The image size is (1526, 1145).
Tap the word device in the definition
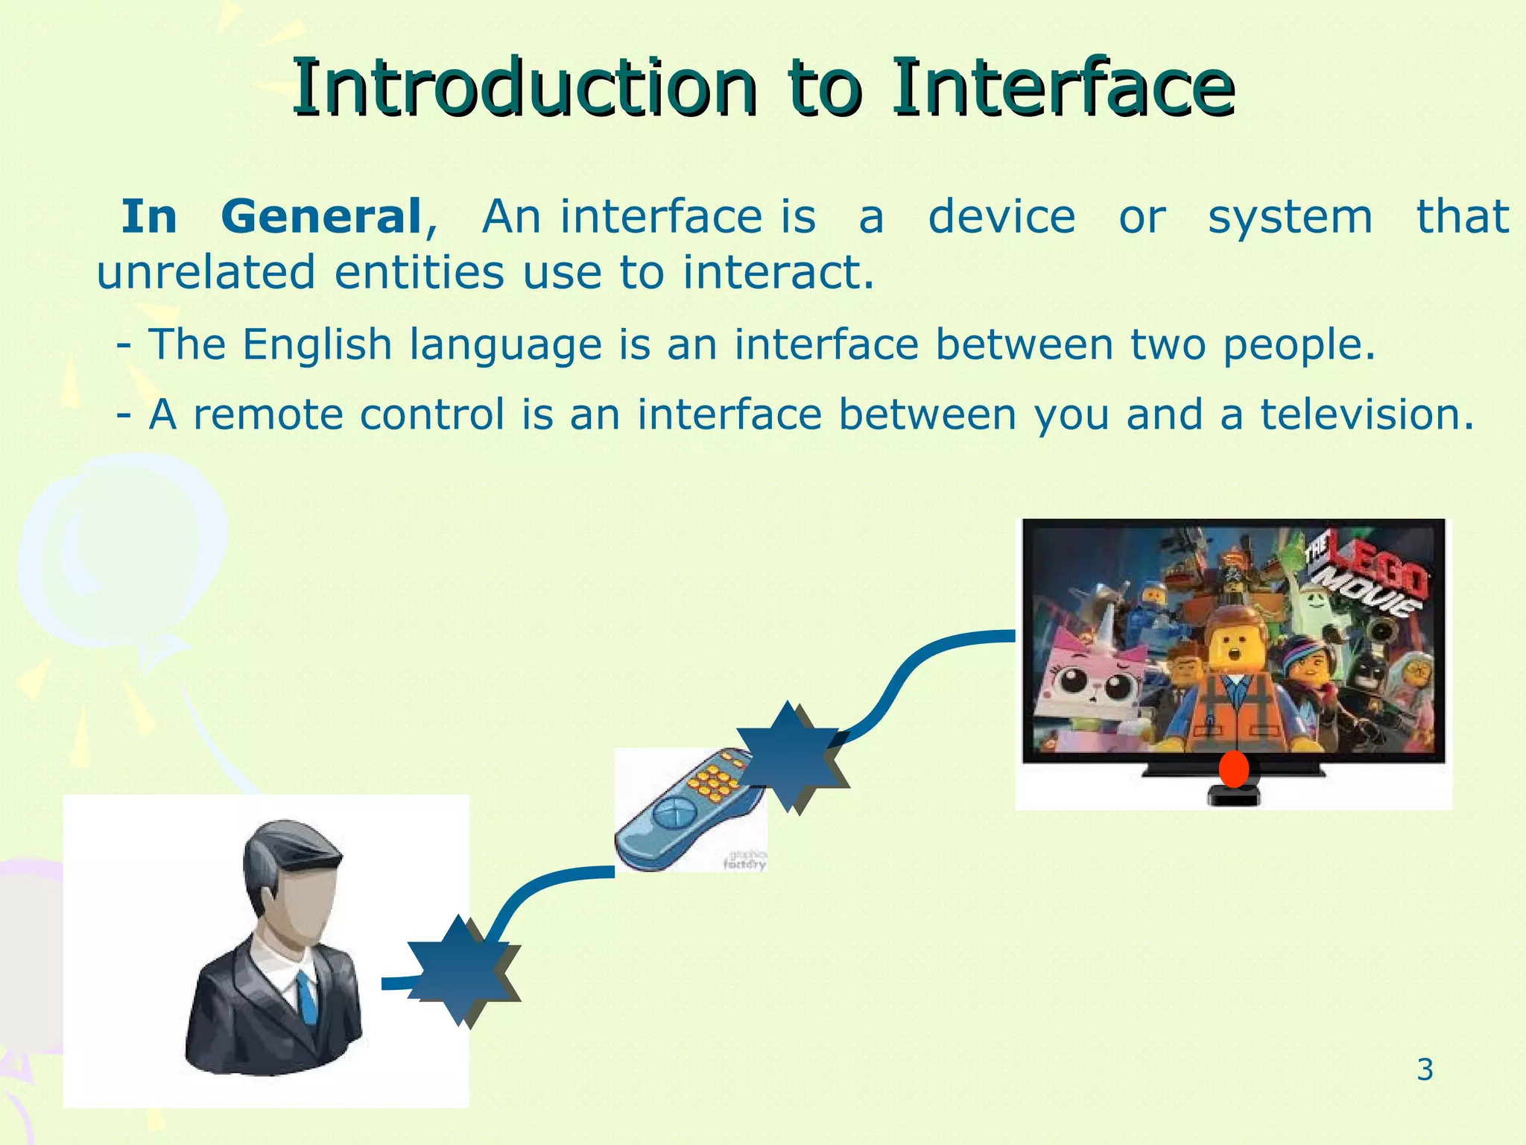point(1001,217)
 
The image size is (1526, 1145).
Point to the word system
point(1290,217)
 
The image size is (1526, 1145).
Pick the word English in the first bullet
point(317,345)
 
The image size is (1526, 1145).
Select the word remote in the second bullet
point(268,414)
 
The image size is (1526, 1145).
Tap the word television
point(1367,414)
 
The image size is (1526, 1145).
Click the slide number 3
point(1425,1070)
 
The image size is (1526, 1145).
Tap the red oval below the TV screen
point(1233,769)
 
